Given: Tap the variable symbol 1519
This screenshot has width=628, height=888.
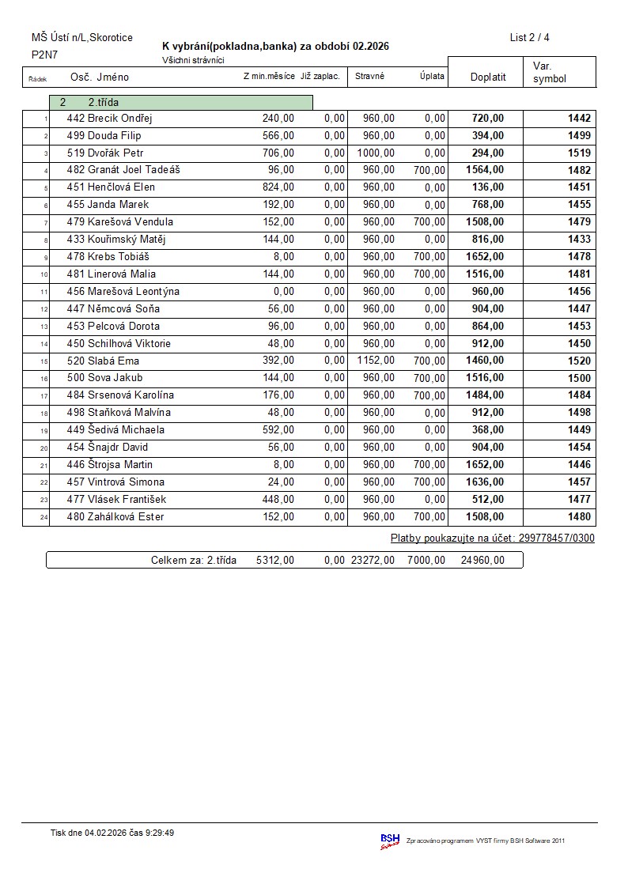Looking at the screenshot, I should pos(579,153).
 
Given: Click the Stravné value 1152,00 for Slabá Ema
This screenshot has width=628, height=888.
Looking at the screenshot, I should pos(376,361).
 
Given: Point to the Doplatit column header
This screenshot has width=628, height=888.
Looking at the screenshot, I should pos(488,77).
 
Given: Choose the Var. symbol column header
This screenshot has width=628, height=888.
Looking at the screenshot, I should pos(550,73).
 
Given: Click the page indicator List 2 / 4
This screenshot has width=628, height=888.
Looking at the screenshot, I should pos(529,37).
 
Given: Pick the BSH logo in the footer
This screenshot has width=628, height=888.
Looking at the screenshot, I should pos(390,841).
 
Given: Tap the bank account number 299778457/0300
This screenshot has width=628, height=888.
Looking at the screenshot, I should pos(556,538).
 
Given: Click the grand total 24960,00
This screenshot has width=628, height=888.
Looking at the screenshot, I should pos(482,561).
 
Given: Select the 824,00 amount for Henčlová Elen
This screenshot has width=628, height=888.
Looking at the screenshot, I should pos(278,187).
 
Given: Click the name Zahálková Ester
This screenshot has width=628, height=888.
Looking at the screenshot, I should pos(126,517).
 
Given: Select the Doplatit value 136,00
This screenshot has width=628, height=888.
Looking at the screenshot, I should pos(487,187).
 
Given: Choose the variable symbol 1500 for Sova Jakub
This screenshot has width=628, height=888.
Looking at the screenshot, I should pos(579,378).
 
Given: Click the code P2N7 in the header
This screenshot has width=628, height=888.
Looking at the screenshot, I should pos(44,55).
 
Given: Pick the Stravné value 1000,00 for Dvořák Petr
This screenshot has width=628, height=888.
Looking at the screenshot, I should pos(376,153).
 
